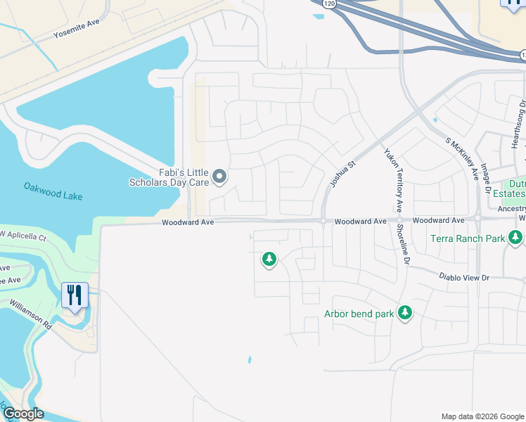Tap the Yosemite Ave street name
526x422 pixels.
click(x=77, y=28)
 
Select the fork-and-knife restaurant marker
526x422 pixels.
click(x=75, y=295)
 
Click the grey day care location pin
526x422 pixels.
click(x=219, y=177)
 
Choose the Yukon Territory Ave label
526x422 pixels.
click(x=392, y=181)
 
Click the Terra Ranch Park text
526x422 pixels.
click(x=467, y=238)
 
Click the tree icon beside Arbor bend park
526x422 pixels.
click(x=404, y=312)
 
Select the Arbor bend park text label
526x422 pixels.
click(x=359, y=314)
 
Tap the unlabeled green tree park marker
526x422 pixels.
click(x=269, y=260)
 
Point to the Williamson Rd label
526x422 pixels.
click(x=31, y=314)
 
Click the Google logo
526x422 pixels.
click(x=23, y=414)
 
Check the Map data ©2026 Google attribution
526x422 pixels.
click(x=482, y=416)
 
